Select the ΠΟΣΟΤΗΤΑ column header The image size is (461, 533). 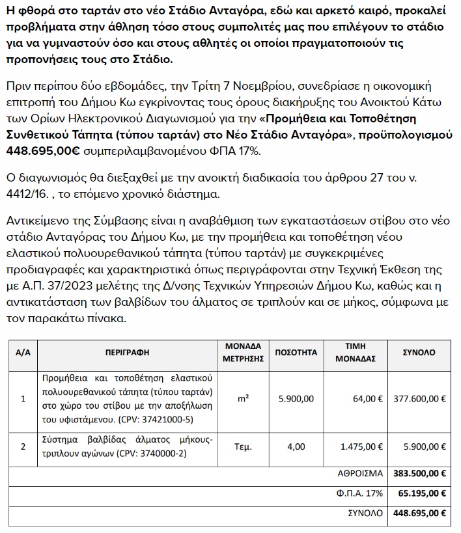tap(296, 352)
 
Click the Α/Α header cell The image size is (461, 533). tap(23, 352)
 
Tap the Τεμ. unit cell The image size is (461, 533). tap(242, 446)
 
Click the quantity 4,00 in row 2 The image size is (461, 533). tap(296, 446)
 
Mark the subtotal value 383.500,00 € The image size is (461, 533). tap(420, 472)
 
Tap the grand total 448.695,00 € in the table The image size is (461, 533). tap(420, 513)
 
